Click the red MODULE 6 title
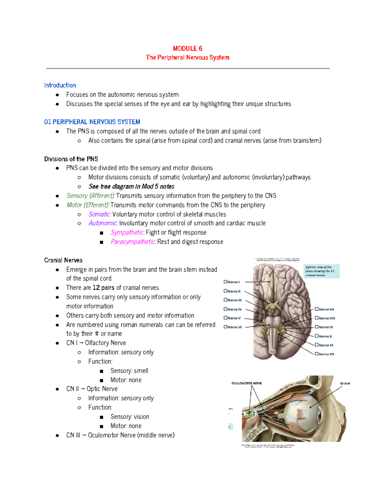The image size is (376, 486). pos(187,49)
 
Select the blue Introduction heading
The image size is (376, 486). pos(60,85)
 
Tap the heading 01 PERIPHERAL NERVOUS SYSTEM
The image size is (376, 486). pos(92,122)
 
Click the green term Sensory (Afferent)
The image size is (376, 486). pos(91,196)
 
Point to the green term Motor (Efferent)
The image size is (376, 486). pos(88,205)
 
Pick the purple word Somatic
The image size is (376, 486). pos(100,214)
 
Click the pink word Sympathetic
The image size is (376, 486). pos(127,233)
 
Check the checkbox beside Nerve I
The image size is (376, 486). pos(225,282)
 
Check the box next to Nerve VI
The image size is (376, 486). pos(225,327)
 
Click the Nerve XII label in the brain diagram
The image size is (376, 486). pos(326,354)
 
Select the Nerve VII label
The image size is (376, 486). pos(326,309)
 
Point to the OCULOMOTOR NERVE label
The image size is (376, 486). pos(246,383)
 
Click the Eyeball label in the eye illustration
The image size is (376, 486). pos(345,383)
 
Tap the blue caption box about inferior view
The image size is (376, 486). pos(321,271)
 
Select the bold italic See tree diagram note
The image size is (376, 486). pos(131,187)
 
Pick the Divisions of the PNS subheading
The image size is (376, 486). pos(71,159)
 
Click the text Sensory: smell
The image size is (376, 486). pos(129,371)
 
